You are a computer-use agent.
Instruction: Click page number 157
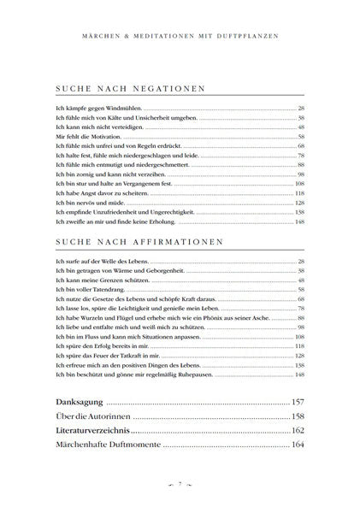pyautogui.click(x=298, y=402)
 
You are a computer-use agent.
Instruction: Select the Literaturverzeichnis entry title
pyautogui.click(x=90, y=430)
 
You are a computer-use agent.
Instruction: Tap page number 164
pyautogui.click(x=298, y=445)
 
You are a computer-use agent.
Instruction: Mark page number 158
pyautogui.click(x=298, y=416)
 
